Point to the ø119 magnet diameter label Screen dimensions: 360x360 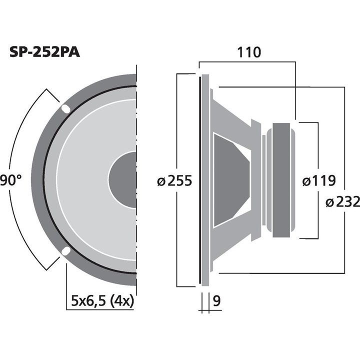coord(319,180)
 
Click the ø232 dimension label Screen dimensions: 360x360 coord(342,202)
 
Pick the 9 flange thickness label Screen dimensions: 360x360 coord(216,301)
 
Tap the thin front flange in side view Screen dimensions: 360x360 coord(204,180)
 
